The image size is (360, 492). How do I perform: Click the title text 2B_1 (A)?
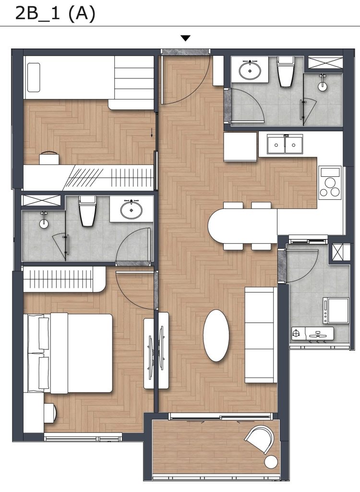[x=55, y=14]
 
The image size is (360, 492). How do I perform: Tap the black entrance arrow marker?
[x=186, y=38]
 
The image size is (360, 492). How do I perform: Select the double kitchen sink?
[x=285, y=144]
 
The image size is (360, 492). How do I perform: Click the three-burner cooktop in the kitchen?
[x=330, y=183]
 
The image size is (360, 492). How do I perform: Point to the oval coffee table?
[x=216, y=335]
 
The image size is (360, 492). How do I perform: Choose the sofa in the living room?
[x=261, y=335]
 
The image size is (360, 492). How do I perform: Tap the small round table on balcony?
[x=271, y=462]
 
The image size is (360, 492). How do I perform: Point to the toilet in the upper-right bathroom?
[x=285, y=71]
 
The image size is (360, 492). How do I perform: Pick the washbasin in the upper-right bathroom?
[x=250, y=70]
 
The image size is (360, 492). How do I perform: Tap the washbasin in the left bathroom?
[x=132, y=209]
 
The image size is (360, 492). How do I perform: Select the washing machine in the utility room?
[x=336, y=311]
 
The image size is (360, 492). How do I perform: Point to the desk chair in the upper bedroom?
[x=49, y=158]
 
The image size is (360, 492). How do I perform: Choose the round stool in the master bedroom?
[x=50, y=412]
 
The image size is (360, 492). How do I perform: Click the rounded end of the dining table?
[x=216, y=226]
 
